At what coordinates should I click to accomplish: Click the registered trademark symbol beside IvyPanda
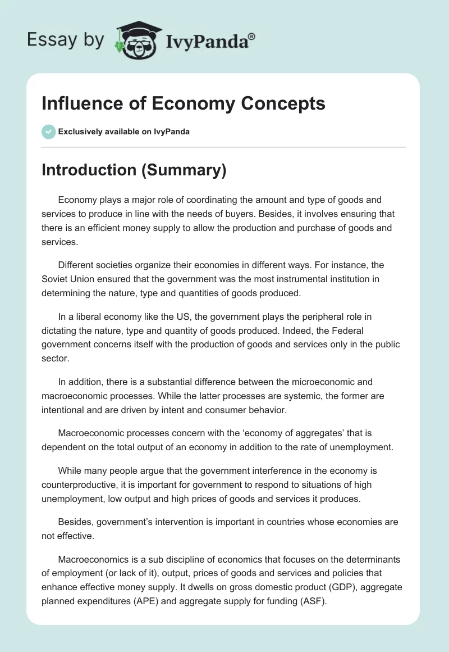pyautogui.click(x=251, y=35)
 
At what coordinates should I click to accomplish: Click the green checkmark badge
pyautogui.click(x=48, y=132)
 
